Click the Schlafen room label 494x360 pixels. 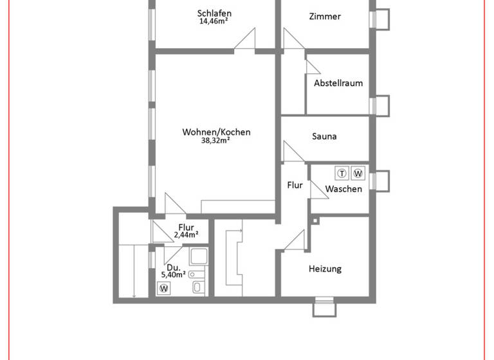(214, 13)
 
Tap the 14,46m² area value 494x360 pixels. (214, 21)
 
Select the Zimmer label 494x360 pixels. (324, 17)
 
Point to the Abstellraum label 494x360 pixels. (338, 83)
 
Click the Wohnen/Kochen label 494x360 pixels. (216, 132)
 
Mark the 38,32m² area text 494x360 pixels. (216, 140)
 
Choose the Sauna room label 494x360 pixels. (324, 136)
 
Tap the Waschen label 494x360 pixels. (343, 189)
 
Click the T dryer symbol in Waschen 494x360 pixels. (342, 173)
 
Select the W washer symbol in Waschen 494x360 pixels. (358, 173)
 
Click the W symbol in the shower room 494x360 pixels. (165, 289)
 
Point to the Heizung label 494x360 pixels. (325, 269)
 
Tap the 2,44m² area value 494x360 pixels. (186, 235)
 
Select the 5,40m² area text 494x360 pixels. (173, 274)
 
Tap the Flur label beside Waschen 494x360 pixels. (295, 185)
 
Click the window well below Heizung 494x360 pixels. (324, 309)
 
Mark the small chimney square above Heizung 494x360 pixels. (315, 221)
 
